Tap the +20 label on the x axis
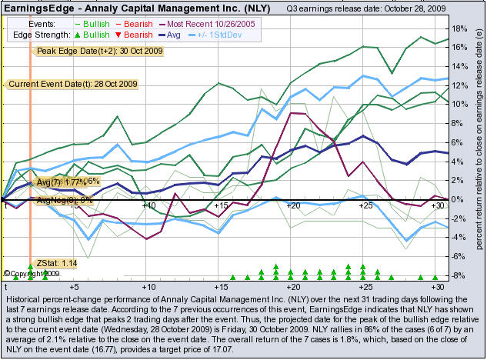coord(292,206)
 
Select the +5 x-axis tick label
coord(73,206)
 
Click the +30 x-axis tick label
coord(439,206)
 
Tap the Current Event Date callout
coord(61,83)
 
